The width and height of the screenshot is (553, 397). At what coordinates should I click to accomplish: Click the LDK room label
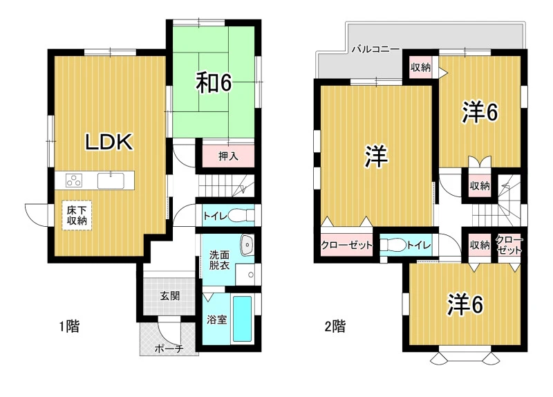pyautogui.click(x=109, y=142)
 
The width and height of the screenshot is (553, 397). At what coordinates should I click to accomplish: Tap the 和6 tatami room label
pyautogui.click(x=214, y=83)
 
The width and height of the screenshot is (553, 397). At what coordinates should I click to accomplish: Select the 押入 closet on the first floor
pyautogui.click(x=228, y=156)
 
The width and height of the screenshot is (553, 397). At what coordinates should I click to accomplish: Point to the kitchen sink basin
pyautogui.click(x=111, y=181)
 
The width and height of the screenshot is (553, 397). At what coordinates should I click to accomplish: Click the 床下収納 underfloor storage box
pyautogui.click(x=77, y=216)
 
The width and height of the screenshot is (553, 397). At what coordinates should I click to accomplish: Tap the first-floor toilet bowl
pyautogui.click(x=241, y=215)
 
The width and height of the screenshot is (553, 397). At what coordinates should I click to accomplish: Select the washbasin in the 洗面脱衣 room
pyautogui.click(x=247, y=244)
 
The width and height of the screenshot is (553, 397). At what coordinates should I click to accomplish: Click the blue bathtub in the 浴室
pyautogui.click(x=243, y=319)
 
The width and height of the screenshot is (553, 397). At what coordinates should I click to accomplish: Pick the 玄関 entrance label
pyautogui.click(x=170, y=296)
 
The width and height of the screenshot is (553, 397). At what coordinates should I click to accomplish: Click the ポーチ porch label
pyautogui.click(x=169, y=349)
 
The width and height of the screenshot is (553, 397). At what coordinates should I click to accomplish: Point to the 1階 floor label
pyautogui.click(x=69, y=326)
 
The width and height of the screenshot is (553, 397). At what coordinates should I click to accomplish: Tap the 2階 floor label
pyautogui.click(x=335, y=326)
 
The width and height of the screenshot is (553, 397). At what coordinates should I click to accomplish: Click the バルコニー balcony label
pyautogui.click(x=375, y=49)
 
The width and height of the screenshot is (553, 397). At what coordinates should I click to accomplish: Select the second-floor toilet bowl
pyautogui.click(x=393, y=245)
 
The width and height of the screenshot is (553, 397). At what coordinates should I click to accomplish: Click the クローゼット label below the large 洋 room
pyautogui.click(x=346, y=245)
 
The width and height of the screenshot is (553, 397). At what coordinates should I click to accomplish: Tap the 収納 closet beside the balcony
pyautogui.click(x=421, y=67)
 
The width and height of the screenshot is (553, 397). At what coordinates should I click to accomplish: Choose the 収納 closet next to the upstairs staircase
pyautogui.click(x=480, y=185)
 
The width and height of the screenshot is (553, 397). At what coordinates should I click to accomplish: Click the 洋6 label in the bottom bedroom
pyautogui.click(x=465, y=304)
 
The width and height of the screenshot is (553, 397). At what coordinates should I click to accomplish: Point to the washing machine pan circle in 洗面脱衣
pyautogui.click(x=251, y=275)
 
